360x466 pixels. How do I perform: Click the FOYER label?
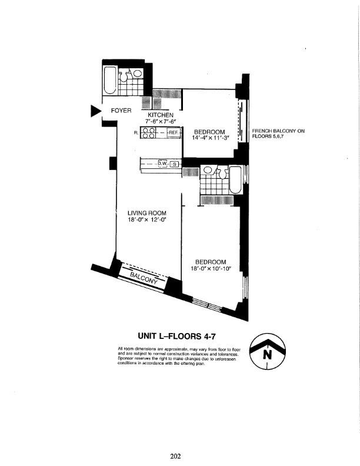121,110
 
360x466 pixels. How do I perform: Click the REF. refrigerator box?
173,133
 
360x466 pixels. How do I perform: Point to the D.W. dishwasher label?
162,164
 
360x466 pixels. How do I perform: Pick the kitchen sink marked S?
174,164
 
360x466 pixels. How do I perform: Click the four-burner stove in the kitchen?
148,133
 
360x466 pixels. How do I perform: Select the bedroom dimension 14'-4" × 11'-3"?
210,138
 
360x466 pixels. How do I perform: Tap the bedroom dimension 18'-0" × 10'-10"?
211,268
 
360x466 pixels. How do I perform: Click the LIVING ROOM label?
146,213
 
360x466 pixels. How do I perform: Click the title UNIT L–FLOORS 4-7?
180,337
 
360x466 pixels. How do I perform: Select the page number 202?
175,455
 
